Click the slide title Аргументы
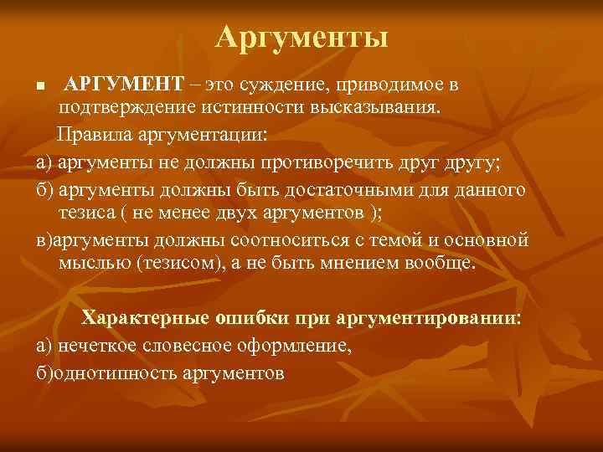click(x=301, y=37)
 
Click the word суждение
click(x=278, y=85)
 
